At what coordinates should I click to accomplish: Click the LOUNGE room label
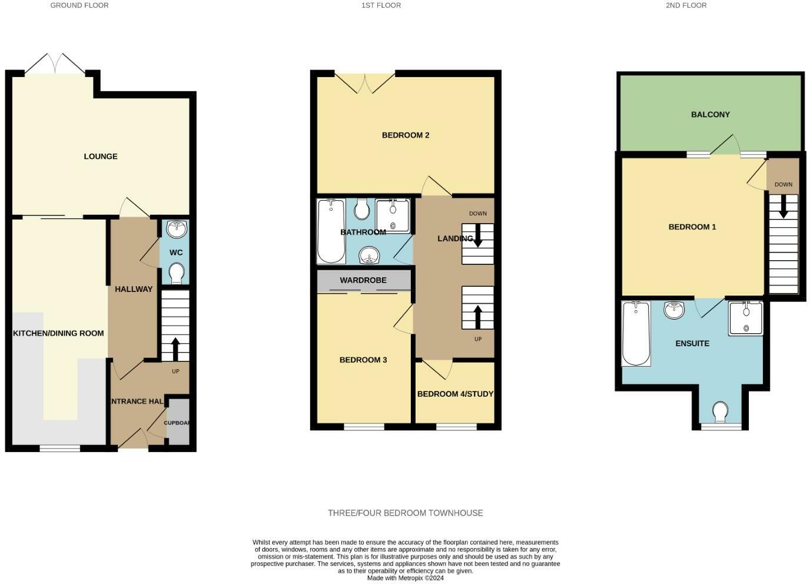point(101,157)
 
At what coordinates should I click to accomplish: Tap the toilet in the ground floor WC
point(176,273)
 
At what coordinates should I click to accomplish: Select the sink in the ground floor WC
point(177,228)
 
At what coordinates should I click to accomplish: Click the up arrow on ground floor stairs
point(175,349)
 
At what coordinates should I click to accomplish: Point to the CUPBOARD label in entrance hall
point(177,423)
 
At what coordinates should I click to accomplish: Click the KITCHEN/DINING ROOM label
point(58,333)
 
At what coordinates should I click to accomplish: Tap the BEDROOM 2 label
point(406,135)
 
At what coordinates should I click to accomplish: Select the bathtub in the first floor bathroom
point(331,231)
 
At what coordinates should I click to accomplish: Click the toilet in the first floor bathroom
point(362,209)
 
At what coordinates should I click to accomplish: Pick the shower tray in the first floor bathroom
point(393,216)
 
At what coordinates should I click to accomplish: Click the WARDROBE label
point(363,280)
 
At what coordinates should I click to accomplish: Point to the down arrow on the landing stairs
point(477,237)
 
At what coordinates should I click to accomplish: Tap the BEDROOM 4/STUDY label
point(455,394)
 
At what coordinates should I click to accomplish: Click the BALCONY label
point(711,115)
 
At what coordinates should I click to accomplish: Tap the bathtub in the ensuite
point(636,333)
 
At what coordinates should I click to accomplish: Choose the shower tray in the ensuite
point(745,318)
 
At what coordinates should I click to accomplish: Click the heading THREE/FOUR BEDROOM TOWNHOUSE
point(406,513)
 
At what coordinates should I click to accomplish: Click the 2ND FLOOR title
point(686,5)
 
